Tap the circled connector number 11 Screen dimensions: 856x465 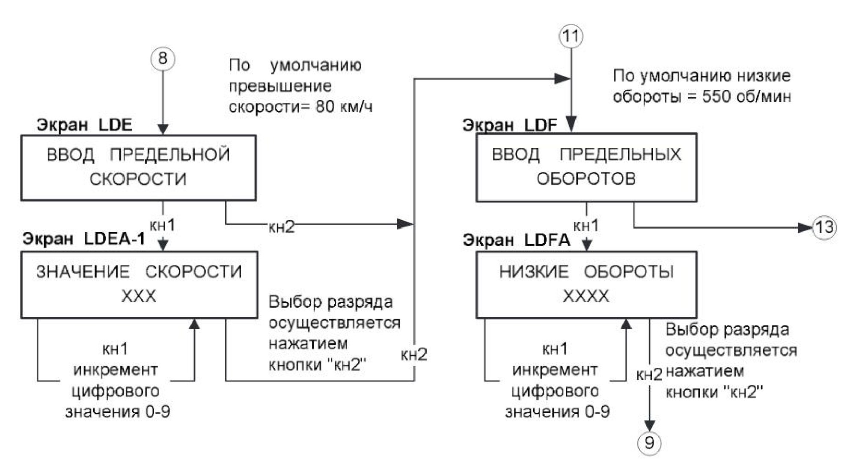tap(571, 36)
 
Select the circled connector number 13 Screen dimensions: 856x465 tap(824, 227)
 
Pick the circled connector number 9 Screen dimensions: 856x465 tap(650, 443)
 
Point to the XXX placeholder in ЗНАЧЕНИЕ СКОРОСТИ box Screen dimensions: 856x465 tap(139, 296)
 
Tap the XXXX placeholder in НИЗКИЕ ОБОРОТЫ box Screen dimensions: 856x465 tap(586, 296)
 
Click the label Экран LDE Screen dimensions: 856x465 tap(84, 125)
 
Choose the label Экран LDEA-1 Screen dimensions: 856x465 tap(84, 238)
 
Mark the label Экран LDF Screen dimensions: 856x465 tap(510, 125)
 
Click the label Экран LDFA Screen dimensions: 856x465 tap(517, 240)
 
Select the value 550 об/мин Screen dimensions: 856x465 tap(746, 96)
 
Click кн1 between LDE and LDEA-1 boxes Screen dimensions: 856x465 tap(162, 225)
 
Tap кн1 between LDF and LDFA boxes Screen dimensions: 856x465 tap(586, 226)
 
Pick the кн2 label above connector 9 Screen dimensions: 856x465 tap(650, 375)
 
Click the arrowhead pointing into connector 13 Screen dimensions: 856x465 tap(806, 227)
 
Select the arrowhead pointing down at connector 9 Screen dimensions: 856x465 tap(650, 425)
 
